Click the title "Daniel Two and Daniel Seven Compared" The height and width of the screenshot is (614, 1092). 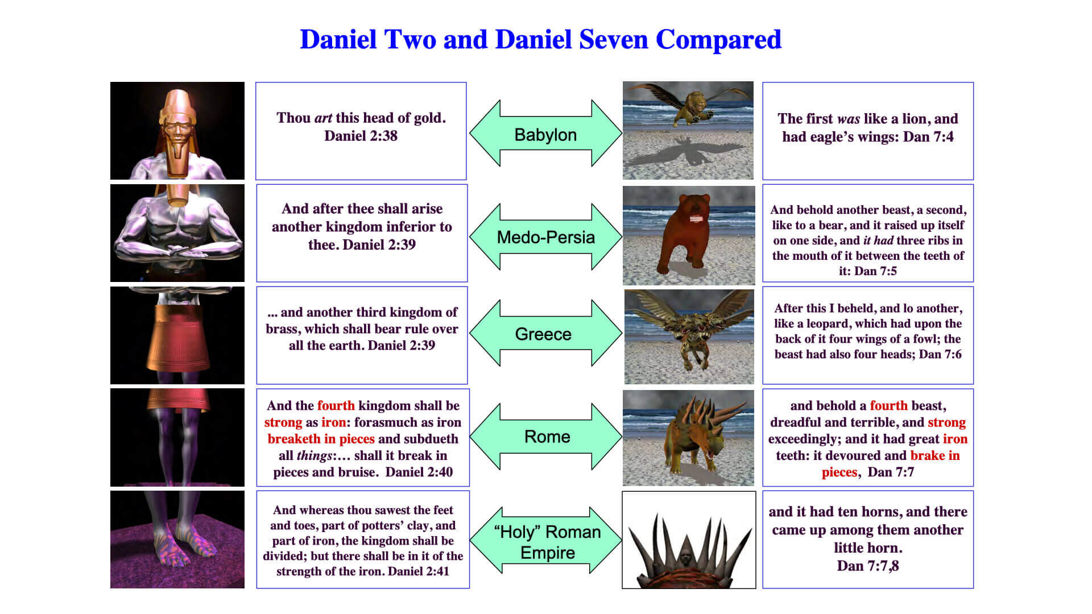[x=540, y=40]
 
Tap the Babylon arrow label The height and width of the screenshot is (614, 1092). [x=545, y=135]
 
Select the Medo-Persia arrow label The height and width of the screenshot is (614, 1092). [x=546, y=237]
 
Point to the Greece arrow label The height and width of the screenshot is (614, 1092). [x=543, y=334]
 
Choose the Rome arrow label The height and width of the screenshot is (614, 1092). [x=547, y=437]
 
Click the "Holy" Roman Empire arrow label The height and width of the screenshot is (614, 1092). [x=547, y=542]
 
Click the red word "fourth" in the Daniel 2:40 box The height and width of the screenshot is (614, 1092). [x=336, y=405]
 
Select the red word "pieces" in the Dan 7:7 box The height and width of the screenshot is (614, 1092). [x=839, y=472]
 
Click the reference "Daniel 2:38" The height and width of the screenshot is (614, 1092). [x=361, y=136]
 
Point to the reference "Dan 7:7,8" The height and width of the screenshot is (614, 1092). [x=868, y=566]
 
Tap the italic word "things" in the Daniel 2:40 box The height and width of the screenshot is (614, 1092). [x=314, y=456]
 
